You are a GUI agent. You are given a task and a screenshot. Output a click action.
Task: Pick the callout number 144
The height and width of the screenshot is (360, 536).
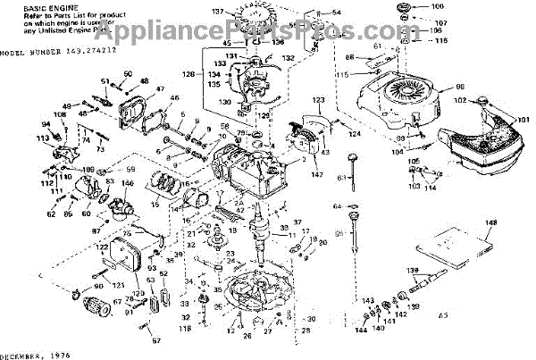(360, 331)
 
